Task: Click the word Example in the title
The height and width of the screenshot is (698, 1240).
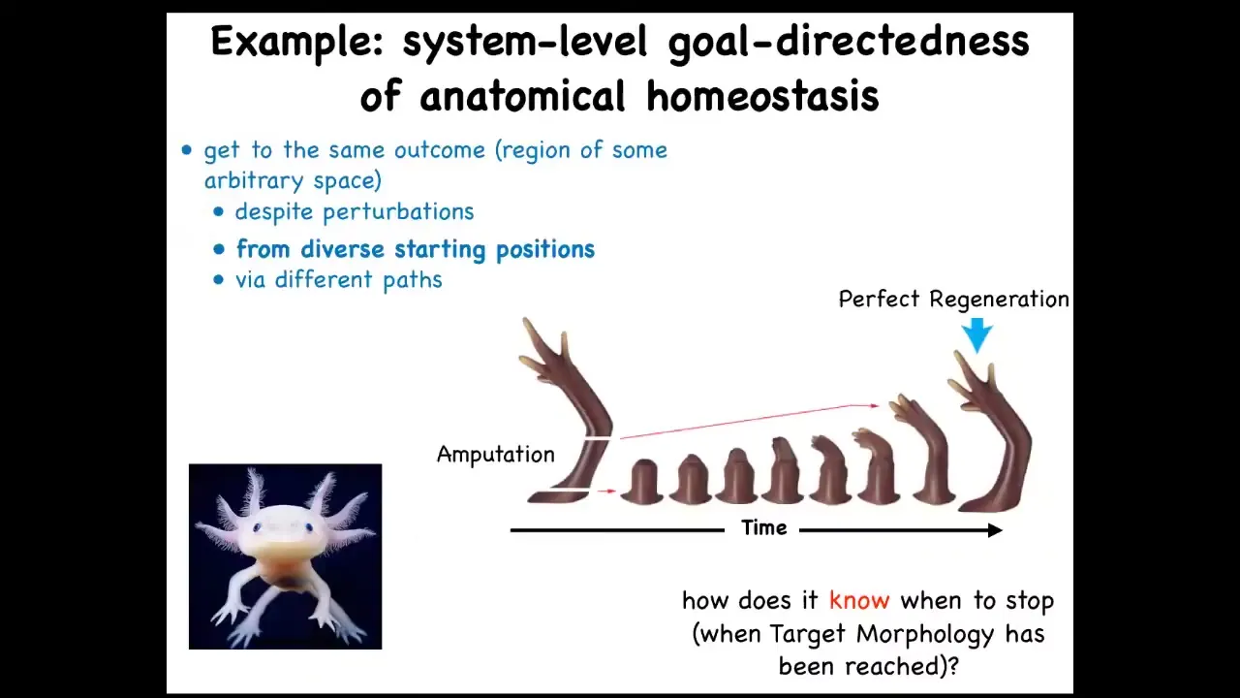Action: click(296, 43)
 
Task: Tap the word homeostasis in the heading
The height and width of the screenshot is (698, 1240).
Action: click(762, 96)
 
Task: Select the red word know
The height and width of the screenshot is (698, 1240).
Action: click(859, 600)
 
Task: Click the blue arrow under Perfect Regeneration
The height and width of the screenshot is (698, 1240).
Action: click(977, 335)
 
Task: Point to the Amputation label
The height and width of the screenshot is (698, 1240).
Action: click(495, 455)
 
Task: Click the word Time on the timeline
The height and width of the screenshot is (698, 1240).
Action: click(764, 528)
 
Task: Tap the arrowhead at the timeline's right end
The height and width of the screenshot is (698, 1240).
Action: click(995, 530)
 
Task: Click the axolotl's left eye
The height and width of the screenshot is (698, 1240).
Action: click(256, 528)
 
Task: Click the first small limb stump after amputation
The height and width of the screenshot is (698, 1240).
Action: click(642, 482)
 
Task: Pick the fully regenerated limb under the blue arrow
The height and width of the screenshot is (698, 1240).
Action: click(991, 432)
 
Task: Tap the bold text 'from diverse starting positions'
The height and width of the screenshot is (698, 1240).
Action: click(416, 250)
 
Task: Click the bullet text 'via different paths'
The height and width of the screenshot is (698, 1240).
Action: click(339, 280)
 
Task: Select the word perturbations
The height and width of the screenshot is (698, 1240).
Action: click(398, 211)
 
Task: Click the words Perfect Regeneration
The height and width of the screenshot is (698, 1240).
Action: click(954, 300)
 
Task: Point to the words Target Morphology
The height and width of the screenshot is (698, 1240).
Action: click(882, 634)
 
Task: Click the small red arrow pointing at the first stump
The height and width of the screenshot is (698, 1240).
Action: click(607, 491)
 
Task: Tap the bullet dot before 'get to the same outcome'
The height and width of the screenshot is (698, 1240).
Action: click(187, 150)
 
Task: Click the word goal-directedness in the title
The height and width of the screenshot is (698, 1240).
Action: click(848, 43)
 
